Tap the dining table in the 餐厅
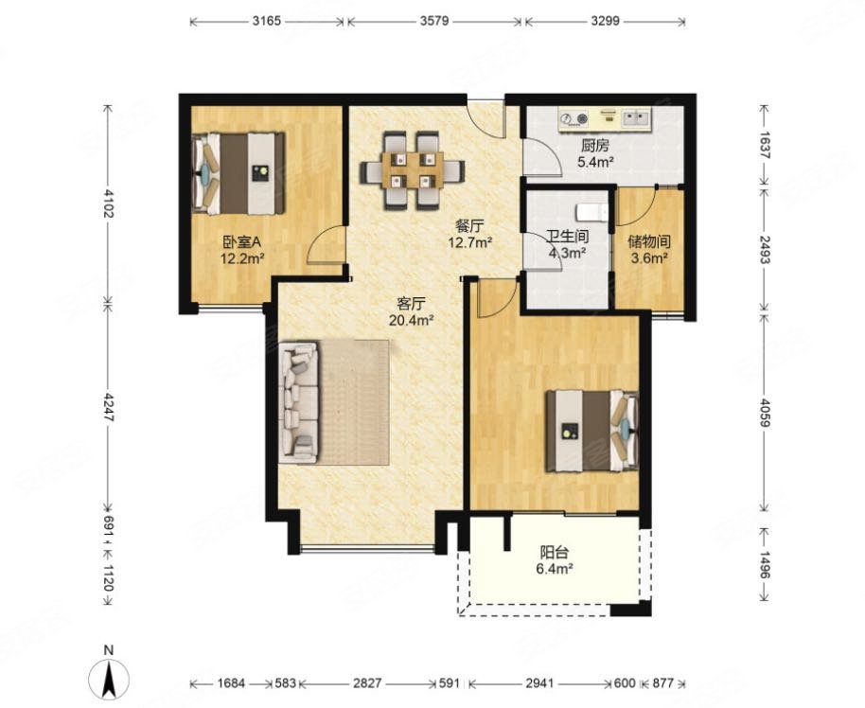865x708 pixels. (x=413, y=170)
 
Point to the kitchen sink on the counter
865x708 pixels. (x=637, y=117)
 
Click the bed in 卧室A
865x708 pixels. (x=238, y=172)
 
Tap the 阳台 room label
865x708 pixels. (x=554, y=553)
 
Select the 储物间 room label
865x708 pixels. (x=649, y=241)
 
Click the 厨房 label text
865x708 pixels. (x=594, y=146)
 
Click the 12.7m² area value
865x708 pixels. (x=470, y=242)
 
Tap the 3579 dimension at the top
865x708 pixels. (x=434, y=22)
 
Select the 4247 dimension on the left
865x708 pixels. (x=108, y=408)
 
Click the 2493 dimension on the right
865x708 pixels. (x=765, y=250)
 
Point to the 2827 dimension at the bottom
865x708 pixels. (x=367, y=683)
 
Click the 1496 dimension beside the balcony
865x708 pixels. (x=765, y=564)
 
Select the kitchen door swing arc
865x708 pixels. (x=542, y=157)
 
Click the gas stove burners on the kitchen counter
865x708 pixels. (x=574, y=118)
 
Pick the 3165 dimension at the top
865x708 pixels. (x=267, y=22)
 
